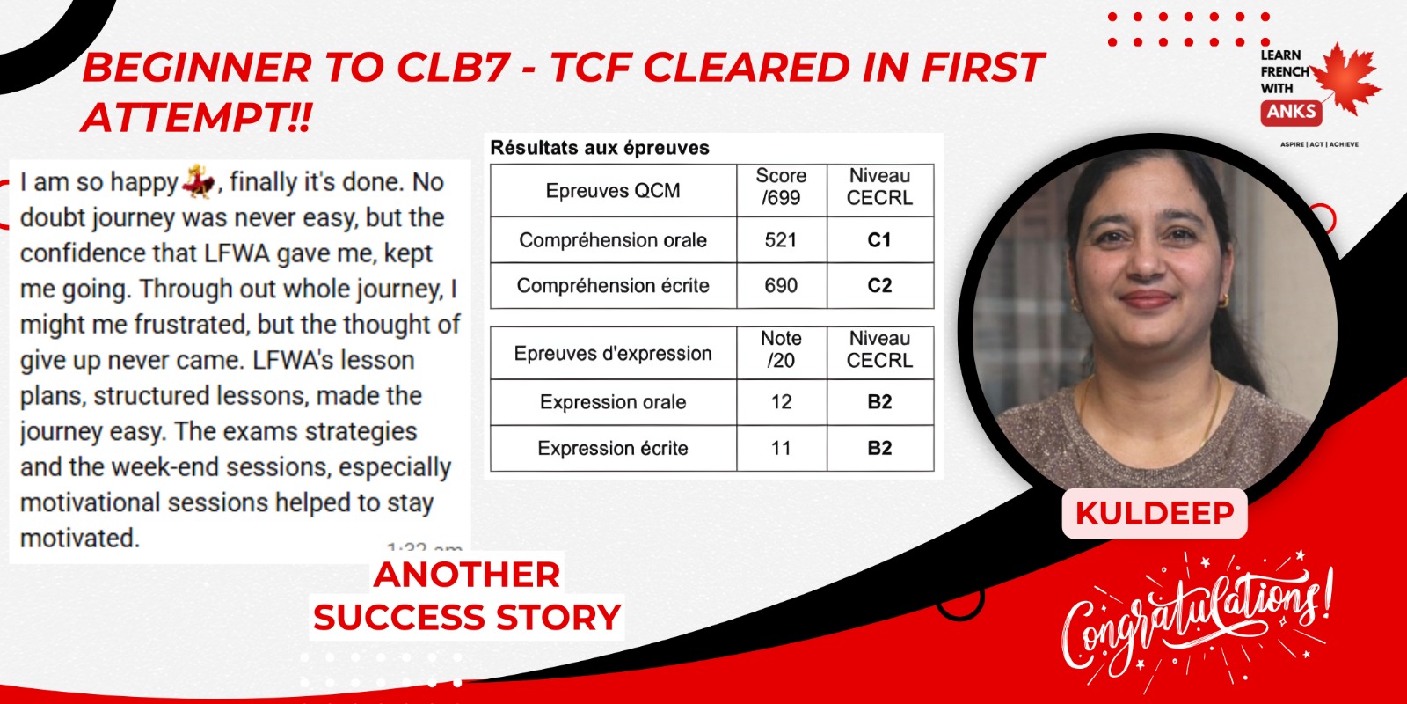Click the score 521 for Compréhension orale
tap(781, 240)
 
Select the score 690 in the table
tap(781, 286)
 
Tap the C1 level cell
tap(879, 240)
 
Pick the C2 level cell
tap(879, 286)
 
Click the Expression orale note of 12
tap(781, 402)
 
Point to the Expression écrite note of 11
tap(781, 448)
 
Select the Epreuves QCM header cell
tap(613, 190)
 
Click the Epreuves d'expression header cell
tap(613, 353)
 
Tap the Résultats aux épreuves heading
tap(600, 148)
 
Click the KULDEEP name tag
tap(1155, 514)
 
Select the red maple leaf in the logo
tap(1346, 79)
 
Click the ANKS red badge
tap(1292, 112)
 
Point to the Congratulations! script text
tap(1197, 620)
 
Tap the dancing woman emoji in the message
tap(199, 181)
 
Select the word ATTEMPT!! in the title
tap(197, 118)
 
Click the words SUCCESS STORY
tap(467, 617)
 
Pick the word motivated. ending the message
tap(80, 539)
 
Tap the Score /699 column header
tap(781, 187)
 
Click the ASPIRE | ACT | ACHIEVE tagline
tap(1319, 144)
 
